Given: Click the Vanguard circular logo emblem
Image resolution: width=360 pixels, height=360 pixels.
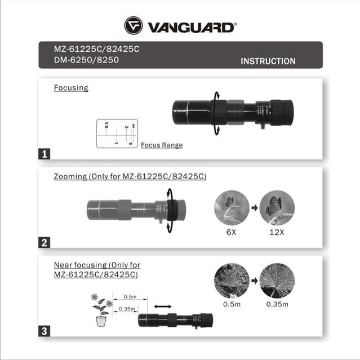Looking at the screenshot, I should (134, 25).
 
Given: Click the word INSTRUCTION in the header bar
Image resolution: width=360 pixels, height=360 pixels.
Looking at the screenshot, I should (268, 61).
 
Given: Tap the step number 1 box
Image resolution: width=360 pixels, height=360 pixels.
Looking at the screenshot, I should (45, 153).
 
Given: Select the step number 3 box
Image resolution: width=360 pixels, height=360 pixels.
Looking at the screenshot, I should (45, 331).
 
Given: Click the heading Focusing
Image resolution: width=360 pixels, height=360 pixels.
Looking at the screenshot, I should (71, 88).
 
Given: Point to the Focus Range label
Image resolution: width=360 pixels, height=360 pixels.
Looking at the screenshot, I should (162, 145).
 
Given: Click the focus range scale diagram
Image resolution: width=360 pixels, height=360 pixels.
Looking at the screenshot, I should (117, 134).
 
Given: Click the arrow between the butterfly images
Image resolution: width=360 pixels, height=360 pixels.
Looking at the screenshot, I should (254, 208).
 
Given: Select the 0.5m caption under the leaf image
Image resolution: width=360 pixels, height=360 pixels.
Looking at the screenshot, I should (231, 305).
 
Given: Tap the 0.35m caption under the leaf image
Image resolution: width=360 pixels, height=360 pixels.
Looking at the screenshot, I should (277, 305).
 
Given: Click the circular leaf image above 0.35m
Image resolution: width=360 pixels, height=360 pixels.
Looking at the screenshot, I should (277, 281).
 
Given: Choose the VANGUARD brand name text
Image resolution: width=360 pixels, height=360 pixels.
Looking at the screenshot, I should (191, 26).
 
